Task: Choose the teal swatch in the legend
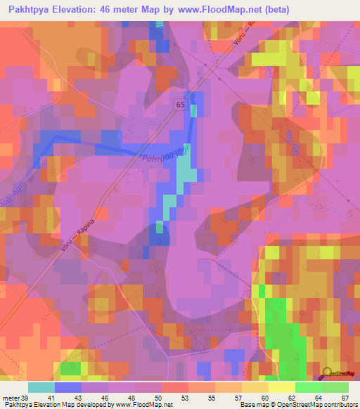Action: [41, 387]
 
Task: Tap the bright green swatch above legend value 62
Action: [309, 387]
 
